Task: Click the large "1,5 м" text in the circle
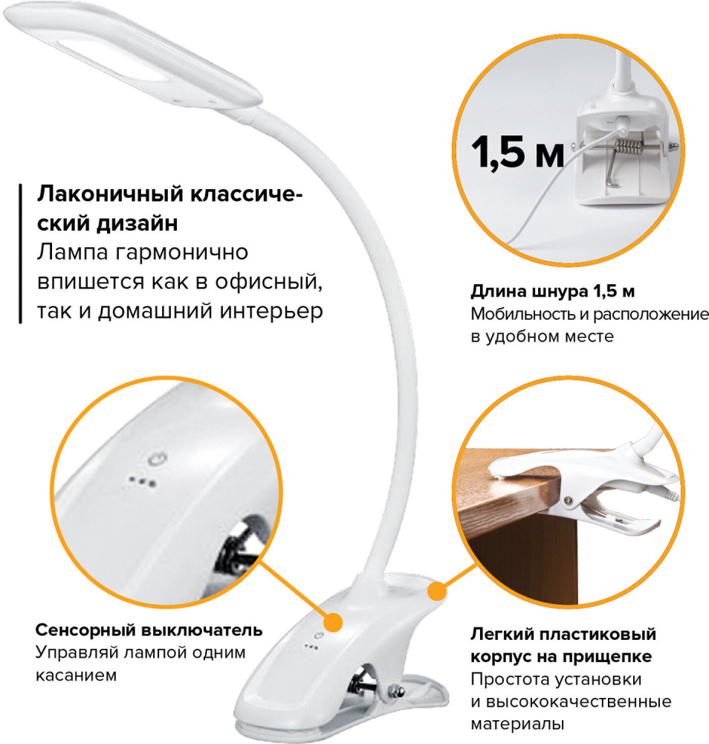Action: click(x=517, y=153)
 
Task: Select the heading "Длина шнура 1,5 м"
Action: click(x=553, y=291)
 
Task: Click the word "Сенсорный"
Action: click(x=85, y=630)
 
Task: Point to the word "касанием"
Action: click(x=76, y=675)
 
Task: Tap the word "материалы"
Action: click(x=517, y=724)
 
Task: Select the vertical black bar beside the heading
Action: click(x=20, y=254)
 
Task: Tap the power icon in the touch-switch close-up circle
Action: click(x=158, y=459)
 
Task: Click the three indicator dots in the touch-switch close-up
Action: click(x=142, y=481)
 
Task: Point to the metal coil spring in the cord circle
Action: click(x=628, y=147)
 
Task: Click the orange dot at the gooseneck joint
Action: click(x=437, y=591)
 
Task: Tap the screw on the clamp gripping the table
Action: click(x=567, y=500)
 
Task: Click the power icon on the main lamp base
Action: click(x=318, y=636)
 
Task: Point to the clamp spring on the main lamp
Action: click(x=363, y=682)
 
